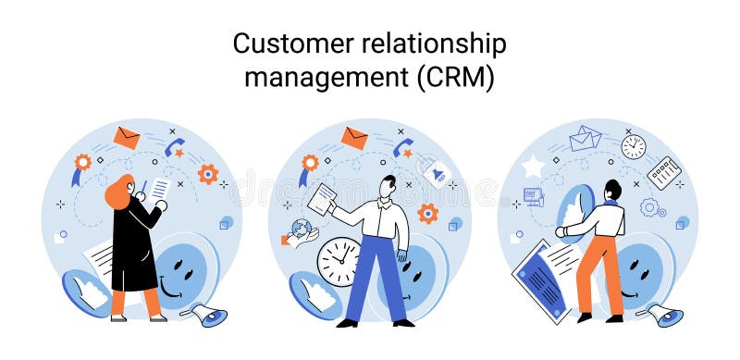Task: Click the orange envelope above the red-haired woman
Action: click(x=127, y=138)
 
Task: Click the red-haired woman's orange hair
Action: click(x=118, y=192)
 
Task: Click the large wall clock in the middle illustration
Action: click(x=339, y=261)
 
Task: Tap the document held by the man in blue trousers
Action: click(x=322, y=199)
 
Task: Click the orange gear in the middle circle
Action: click(x=426, y=214)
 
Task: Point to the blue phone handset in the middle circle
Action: click(x=402, y=147)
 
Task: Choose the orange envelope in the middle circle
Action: click(x=354, y=138)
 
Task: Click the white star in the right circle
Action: click(x=533, y=168)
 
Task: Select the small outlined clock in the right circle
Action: click(x=634, y=146)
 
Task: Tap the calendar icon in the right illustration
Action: click(x=663, y=172)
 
